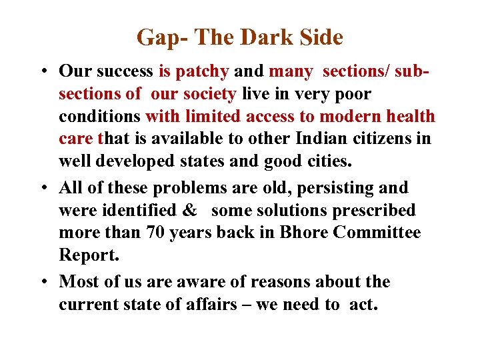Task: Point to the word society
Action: point(208,94)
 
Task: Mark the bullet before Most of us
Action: point(41,282)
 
